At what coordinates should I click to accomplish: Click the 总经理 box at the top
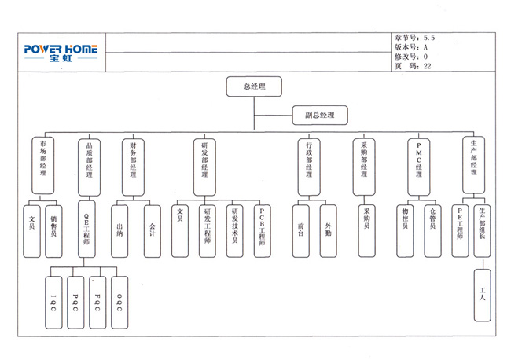click(x=254, y=86)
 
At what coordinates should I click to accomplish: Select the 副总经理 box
click(x=319, y=115)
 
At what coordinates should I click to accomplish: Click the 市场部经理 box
click(x=43, y=166)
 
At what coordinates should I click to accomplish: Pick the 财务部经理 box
click(x=133, y=166)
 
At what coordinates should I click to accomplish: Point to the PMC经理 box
click(x=419, y=166)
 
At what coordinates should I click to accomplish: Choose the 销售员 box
click(x=53, y=230)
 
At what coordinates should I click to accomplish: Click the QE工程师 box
click(x=89, y=230)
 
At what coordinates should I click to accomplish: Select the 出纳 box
click(x=119, y=230)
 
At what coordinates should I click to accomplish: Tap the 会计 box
click(x=152, y=230)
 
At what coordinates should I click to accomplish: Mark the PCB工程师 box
click(x=262, y=230)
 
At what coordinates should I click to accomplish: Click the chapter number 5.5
click(x=430, y=37)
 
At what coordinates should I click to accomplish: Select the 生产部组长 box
click(x=483, y=230)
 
